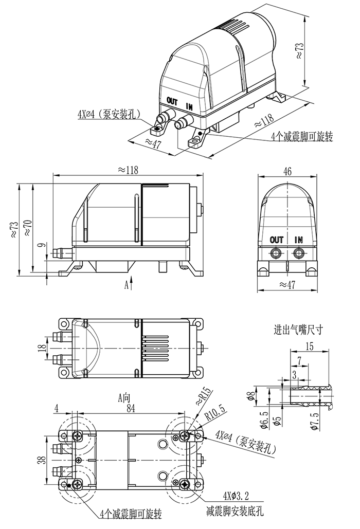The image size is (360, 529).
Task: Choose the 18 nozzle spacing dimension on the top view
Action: coord(42,348)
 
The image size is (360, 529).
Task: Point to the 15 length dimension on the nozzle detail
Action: coord(309,347)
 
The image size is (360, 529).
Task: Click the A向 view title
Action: coord(124,397)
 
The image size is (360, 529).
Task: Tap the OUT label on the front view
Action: coord(277,240)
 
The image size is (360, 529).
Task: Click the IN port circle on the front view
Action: coord(298,252)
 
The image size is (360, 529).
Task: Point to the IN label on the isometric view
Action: coord(189,107)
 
